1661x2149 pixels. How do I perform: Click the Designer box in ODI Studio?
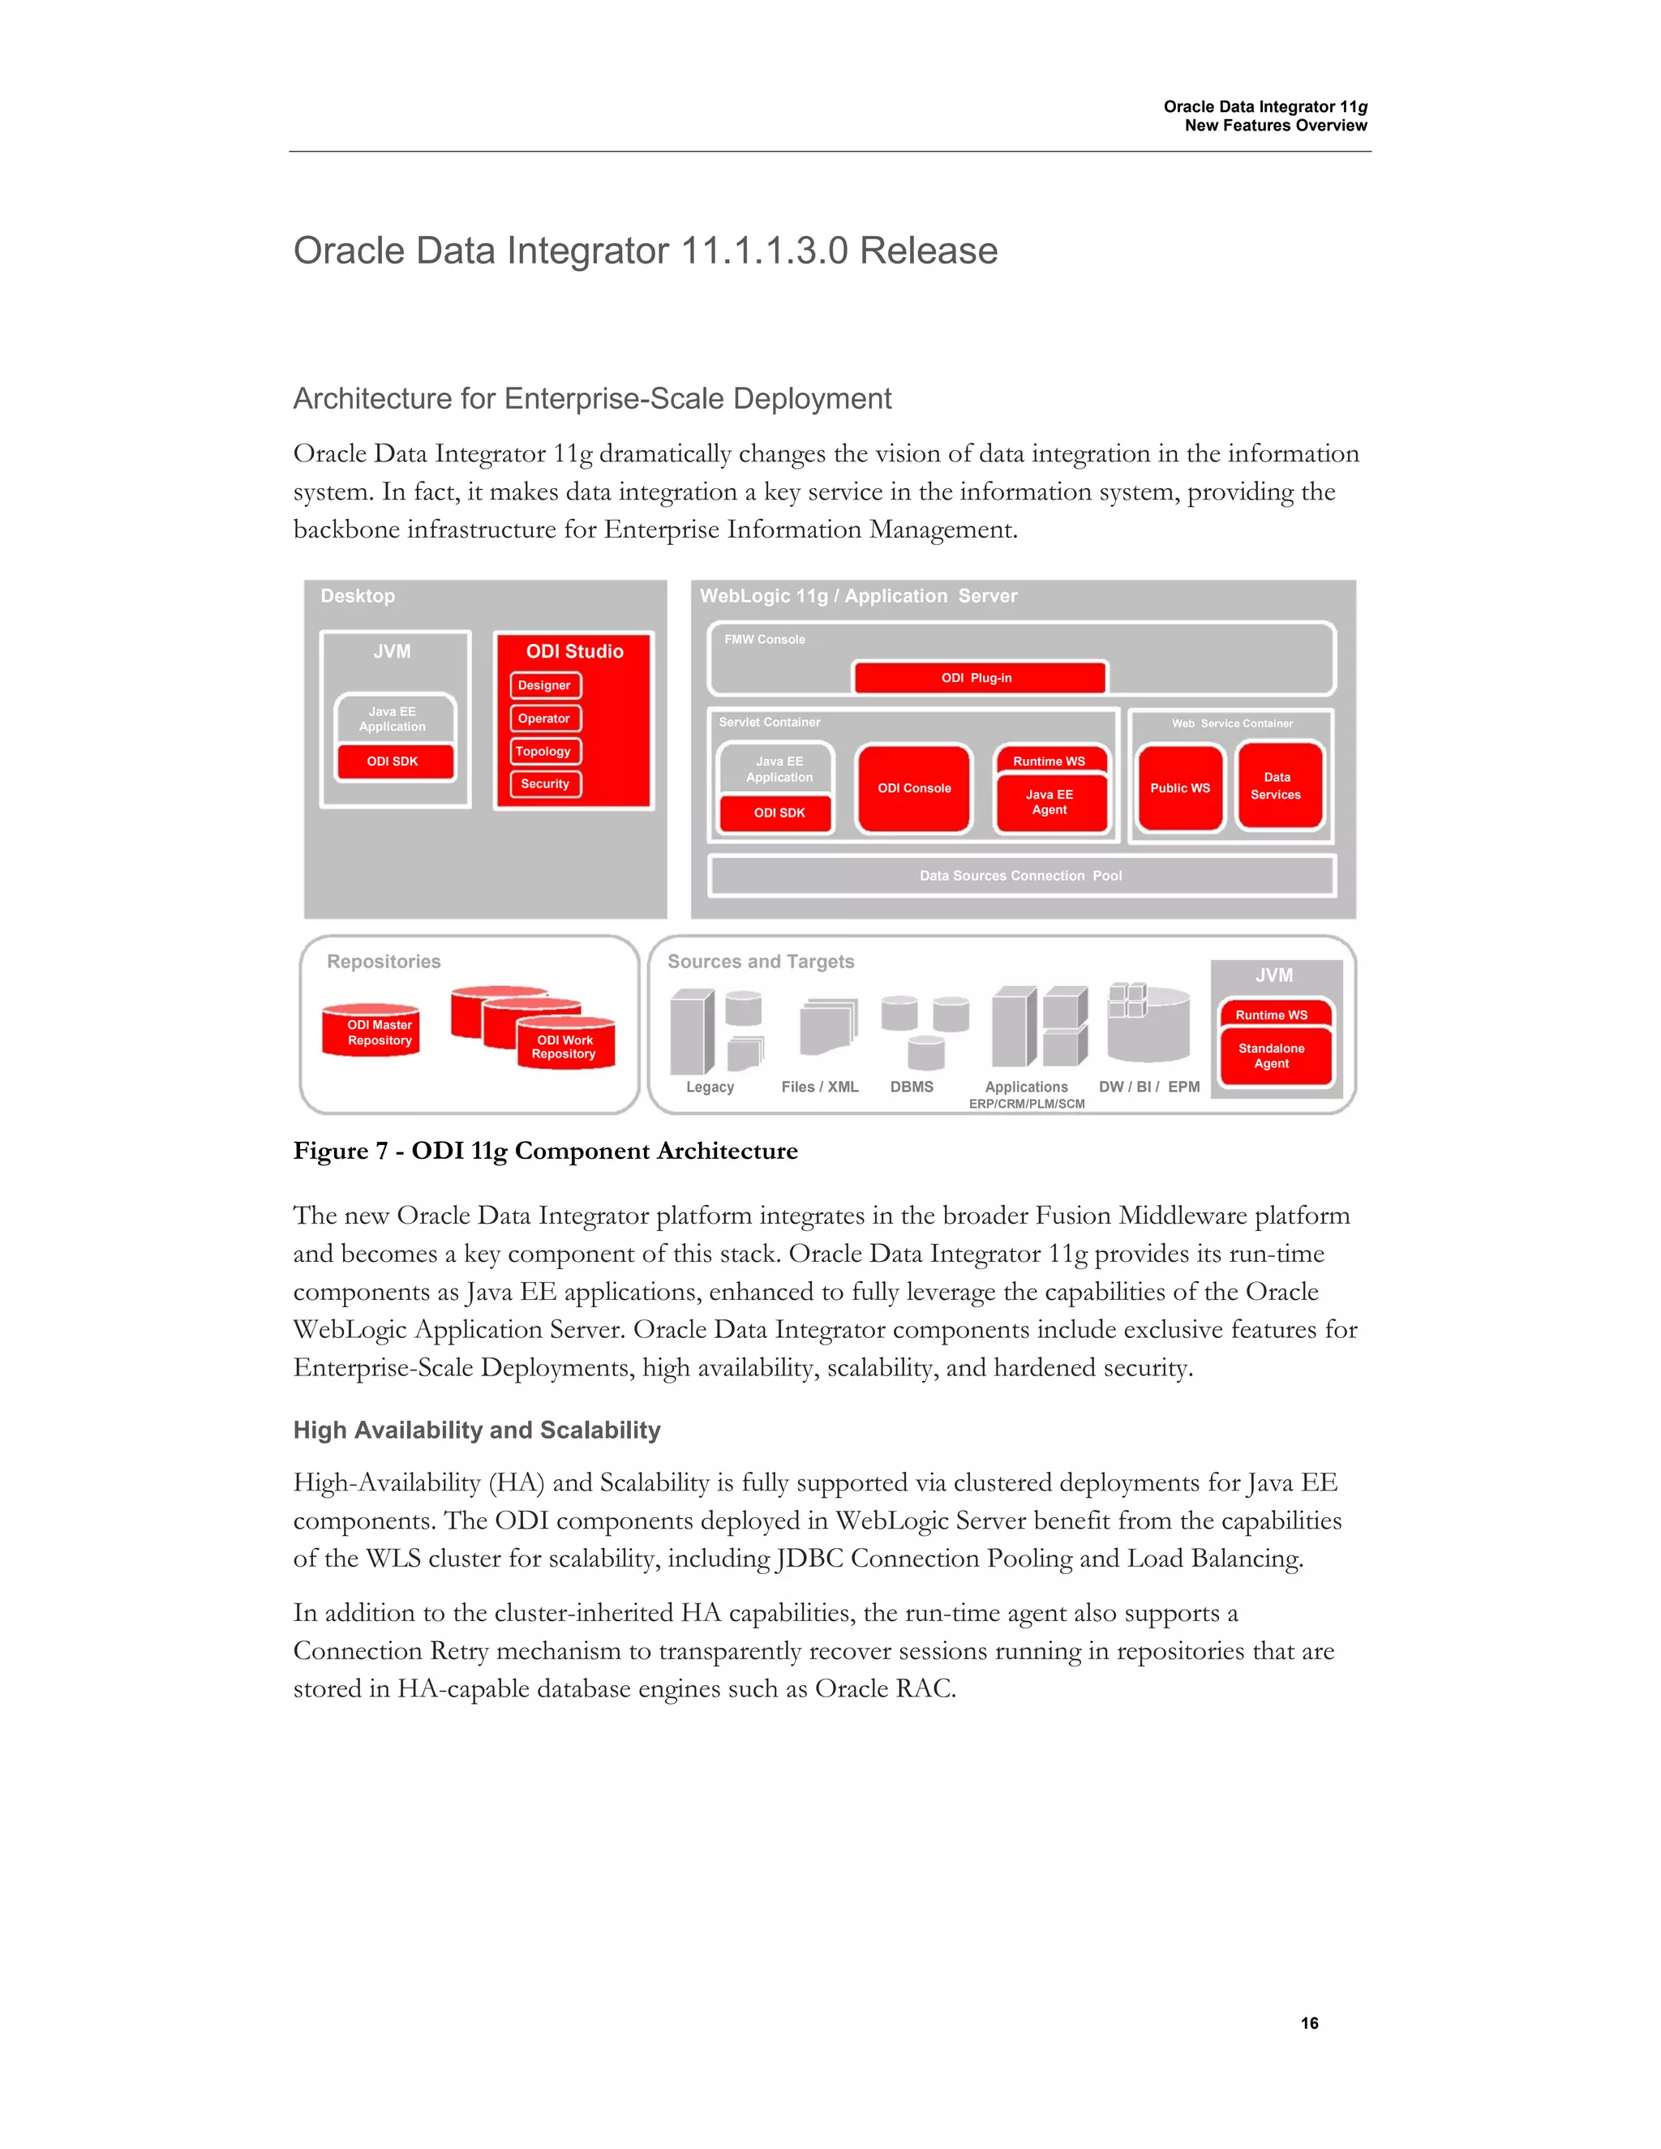point(544,685)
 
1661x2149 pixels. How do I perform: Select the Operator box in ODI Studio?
point(544,718)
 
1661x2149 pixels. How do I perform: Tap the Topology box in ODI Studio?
point(544,751)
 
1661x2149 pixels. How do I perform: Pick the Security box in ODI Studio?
point(545,783)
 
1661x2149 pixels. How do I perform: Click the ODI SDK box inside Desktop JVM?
point(393,761)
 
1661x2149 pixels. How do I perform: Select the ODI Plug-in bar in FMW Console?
point(977,678)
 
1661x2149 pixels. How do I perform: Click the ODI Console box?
point(914,788)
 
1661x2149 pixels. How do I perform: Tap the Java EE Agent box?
point(1050,803)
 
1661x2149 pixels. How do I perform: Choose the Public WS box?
point(1180,788)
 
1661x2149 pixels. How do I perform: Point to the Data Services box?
point(1277,786)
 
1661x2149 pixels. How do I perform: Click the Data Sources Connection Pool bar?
point(1020,876)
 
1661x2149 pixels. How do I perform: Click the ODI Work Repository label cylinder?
point(564,1047)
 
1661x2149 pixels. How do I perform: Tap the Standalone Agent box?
point(1272,1056)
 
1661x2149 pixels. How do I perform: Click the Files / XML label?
point(820,1087)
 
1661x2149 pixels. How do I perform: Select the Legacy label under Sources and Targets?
point(710,1087)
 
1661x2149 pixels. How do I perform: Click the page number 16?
point(1309,2023)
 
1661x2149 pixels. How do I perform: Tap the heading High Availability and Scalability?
point(476,1430)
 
